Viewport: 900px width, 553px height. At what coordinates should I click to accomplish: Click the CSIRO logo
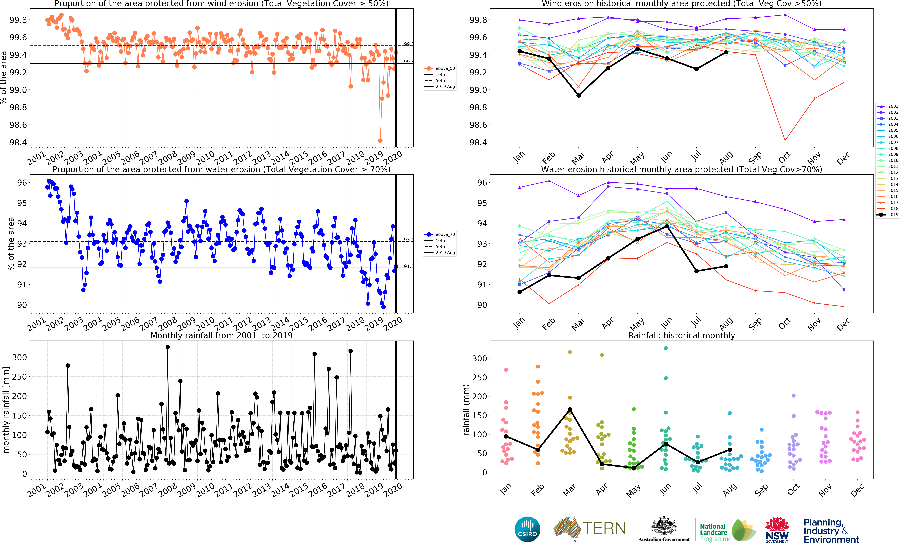(x=527, y=529)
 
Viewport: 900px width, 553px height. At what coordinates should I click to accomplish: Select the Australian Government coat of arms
(x=664, y=527)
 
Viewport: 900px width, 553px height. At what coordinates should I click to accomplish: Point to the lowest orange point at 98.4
(x=380, y=140)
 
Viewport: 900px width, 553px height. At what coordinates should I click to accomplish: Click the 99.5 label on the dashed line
(x=408, y=44)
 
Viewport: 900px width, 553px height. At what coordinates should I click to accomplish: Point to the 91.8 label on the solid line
(x=408, y=266)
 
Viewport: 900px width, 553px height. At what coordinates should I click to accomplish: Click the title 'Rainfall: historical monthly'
(x=681, y=335)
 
